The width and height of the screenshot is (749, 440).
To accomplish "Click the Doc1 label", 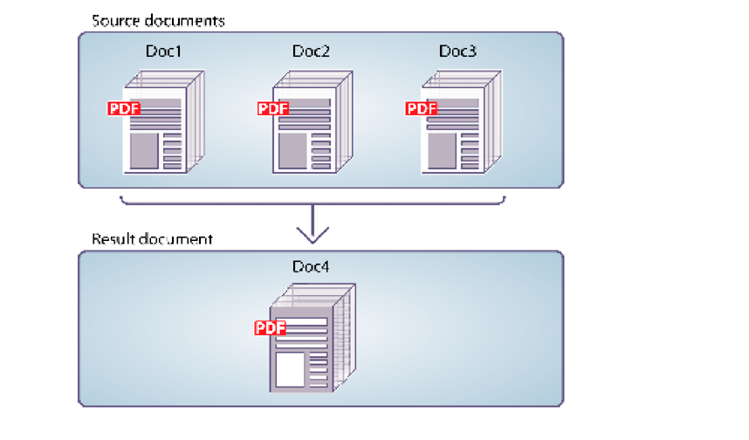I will pyautogui.click(x=164, y=52).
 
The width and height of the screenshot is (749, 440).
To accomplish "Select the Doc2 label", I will pyautogui.click(x=311, y=52).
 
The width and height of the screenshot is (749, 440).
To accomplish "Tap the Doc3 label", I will pyautogui.click(x=457, y=52).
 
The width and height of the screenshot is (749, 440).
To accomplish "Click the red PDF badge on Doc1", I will pyautogui.click(x=124, y=109).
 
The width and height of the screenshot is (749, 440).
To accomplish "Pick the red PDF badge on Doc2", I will pyautogui.click(x=273, y=109).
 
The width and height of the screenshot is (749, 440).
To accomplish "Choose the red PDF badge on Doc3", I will pyautogui.click(x=422, y=109).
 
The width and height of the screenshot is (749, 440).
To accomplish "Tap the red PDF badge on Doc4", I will pyautogui.click(x=271, y=328).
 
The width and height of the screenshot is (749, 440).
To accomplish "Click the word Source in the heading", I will pyautogui.click(x=113, y=19).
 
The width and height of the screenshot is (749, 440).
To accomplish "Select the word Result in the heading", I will pyautogui.click(x=111, y=238).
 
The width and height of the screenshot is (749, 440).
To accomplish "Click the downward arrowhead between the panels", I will pyautogui.click(x=313, y=233).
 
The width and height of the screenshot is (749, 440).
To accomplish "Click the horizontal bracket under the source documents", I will pyautogui.click(x=312, y=204).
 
